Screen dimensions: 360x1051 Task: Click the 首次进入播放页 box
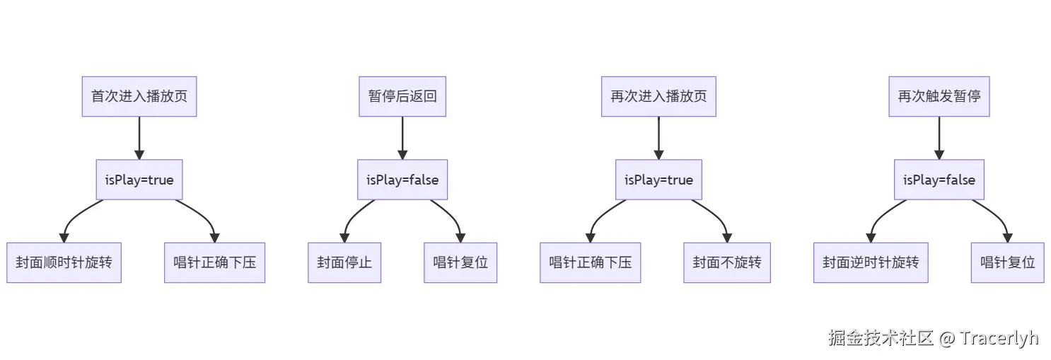(x=139, y=96)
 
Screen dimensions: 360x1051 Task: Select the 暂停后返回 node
(x=402, y=96)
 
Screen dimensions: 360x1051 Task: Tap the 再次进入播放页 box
(x=658, y=96)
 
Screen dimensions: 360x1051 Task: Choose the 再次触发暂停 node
(x=939, y=96)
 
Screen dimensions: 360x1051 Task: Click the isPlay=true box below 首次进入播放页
(x=139, y=180)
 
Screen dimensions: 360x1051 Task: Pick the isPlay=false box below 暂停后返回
(x=402, y=180)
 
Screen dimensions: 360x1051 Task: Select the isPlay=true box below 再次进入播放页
(x=658, y=180)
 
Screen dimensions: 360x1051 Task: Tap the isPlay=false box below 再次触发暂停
(x=939, y=180)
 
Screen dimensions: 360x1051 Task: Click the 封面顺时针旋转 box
(x=64, y=262)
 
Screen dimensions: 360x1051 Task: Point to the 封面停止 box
(x=344, y=262)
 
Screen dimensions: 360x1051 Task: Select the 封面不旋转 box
(x=727, y=262)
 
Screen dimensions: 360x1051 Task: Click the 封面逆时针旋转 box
(x=871, y=262)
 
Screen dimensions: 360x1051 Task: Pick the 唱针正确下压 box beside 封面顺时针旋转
(x=215, y=262)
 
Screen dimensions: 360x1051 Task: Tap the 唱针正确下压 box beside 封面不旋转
(x=591, y=262)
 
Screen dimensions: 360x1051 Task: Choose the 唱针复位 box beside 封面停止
(x=460, y=262)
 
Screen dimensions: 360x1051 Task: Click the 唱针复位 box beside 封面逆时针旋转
(x=1008, y=262)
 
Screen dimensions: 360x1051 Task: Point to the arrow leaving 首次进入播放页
(x=139, y=138)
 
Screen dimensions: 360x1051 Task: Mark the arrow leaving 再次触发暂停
(x=939, y=138)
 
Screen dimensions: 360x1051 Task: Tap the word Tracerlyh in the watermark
(x=999, y=338)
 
